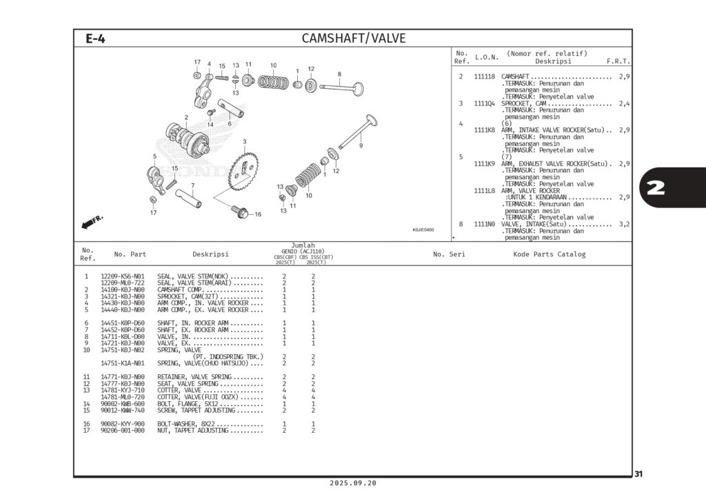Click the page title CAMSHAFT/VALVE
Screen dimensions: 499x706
[x=353, y=39]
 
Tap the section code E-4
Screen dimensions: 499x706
[x=95, y=39]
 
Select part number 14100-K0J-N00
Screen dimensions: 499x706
[x=123, y=289]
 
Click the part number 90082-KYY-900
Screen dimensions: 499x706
[x=123, y=424]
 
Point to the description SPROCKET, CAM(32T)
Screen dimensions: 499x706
[x=195, y=296]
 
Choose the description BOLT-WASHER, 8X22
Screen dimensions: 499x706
[x=194, y=424]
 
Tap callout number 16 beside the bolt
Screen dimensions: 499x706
[x=258, y=214]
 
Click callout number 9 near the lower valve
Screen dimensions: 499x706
[x=361, y=145]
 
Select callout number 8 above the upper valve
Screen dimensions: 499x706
[x=339, y=74]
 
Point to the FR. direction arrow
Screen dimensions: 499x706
[x=92, y=221]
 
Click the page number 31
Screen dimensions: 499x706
[x=638, y=473]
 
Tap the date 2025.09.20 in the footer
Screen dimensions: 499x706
[x=353, y=483]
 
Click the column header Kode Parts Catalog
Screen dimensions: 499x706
[x=549, y=254]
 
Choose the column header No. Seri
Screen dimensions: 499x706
[x=449, y=254]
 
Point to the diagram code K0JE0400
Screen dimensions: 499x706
[x=423, y=230]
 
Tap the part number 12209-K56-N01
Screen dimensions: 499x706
[x=123, y=276]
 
